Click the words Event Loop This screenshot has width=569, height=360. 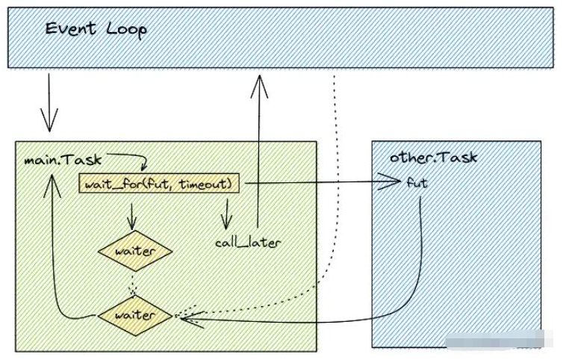tap(96, 29)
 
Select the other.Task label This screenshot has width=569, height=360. tap(433, 158)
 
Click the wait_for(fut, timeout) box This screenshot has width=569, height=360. tap(159, 183)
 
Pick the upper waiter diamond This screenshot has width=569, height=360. tap(136, 251)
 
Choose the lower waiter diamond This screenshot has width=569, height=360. tap(136, 315)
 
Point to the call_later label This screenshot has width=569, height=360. tap(247, 243)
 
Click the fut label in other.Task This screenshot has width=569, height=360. tap(417, 182)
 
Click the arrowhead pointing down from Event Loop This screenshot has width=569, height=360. tap(49, 119)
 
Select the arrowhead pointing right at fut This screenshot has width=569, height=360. tap(394, 181)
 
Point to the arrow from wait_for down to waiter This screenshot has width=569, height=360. tap(134, 216)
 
